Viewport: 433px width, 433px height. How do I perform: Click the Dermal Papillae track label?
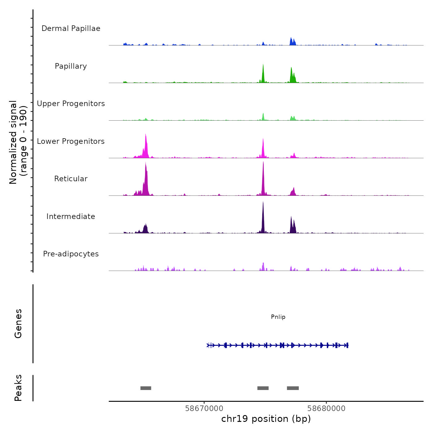[x=71, y=28]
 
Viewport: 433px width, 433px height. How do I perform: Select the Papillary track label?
[x=71, y=66]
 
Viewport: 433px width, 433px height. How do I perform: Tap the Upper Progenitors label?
[x=71, y=104]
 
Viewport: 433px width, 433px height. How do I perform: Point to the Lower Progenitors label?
[x=71, y=141]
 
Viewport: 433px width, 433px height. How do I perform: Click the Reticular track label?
[x=71, y=179]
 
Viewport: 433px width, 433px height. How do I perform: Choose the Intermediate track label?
[x=71, y=216]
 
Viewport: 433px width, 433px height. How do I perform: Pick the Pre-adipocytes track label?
[x=71, y=254]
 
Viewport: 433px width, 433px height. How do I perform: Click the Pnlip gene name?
[x=278, y=317]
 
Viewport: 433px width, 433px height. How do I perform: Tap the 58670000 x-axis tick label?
[x=204, y=409]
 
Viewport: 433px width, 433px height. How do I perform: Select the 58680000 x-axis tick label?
[x=326, y=409]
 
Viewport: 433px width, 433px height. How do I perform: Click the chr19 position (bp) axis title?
[x=266, y=419]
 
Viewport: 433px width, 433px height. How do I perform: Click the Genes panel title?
[x=18, y=324]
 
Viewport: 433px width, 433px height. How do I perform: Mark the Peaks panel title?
[x=18, y=388]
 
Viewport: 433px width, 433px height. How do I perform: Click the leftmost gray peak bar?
[x=146, y=388]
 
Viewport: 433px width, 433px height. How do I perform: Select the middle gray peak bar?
[x=263, y=388]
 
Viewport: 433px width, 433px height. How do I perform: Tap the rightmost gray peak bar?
[x=293, y=388]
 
